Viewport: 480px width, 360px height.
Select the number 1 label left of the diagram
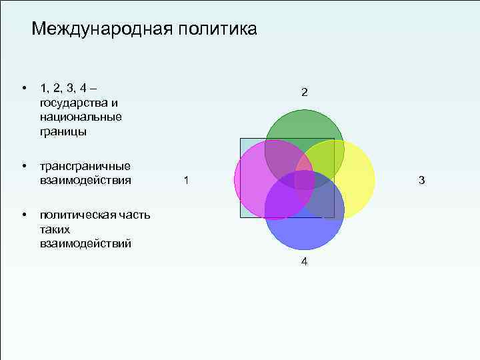(186, 180)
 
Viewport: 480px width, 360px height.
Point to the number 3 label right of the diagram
(421, 180)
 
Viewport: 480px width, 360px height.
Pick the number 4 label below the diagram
(304, 262)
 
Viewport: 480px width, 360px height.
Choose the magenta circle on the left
(253, 180)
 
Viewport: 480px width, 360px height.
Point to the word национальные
(81, 117)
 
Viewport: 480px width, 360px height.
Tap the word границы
(63, 131)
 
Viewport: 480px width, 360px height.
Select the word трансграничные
(85, 166)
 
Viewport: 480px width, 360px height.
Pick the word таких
(55, 229)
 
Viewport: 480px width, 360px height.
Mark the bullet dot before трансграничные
(23, 165)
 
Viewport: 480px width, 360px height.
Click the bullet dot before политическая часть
(23, 214)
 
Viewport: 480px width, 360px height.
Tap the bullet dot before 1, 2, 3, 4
(23, 88)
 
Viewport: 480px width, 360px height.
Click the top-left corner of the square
(241, 139)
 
